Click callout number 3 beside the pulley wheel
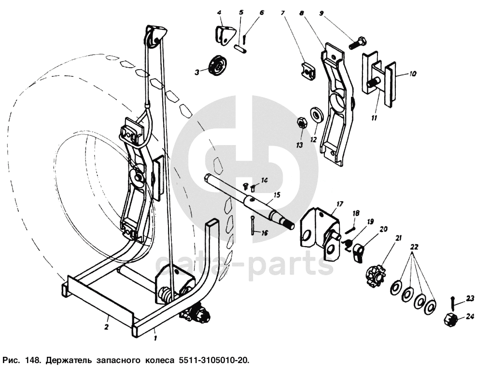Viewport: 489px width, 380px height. pyautogui.click(x=197, y=73)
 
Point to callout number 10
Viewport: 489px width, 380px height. pyautogui.click(x=413, y=74)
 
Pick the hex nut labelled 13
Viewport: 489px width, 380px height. pyautogui.click(x=301, y=123)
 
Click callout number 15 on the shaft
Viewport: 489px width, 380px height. pyautogui.click(x=277, y=195)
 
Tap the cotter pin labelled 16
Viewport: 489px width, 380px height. pyautogui.click(x=253, y=226)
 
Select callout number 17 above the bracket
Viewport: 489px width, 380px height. pyautogui.click(x=339, y=205)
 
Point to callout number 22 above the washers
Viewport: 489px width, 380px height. pyautogui.click(x=414, y=247)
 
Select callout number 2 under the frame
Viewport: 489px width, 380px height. pyautogui.click(x=106, y=327)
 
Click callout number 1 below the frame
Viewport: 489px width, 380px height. pyautogui.click(x=155, y=338)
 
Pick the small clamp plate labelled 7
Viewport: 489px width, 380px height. pyautogui.click(x=307, y=72)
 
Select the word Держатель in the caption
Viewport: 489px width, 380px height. pyautogui.click(x=68, y=361)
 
